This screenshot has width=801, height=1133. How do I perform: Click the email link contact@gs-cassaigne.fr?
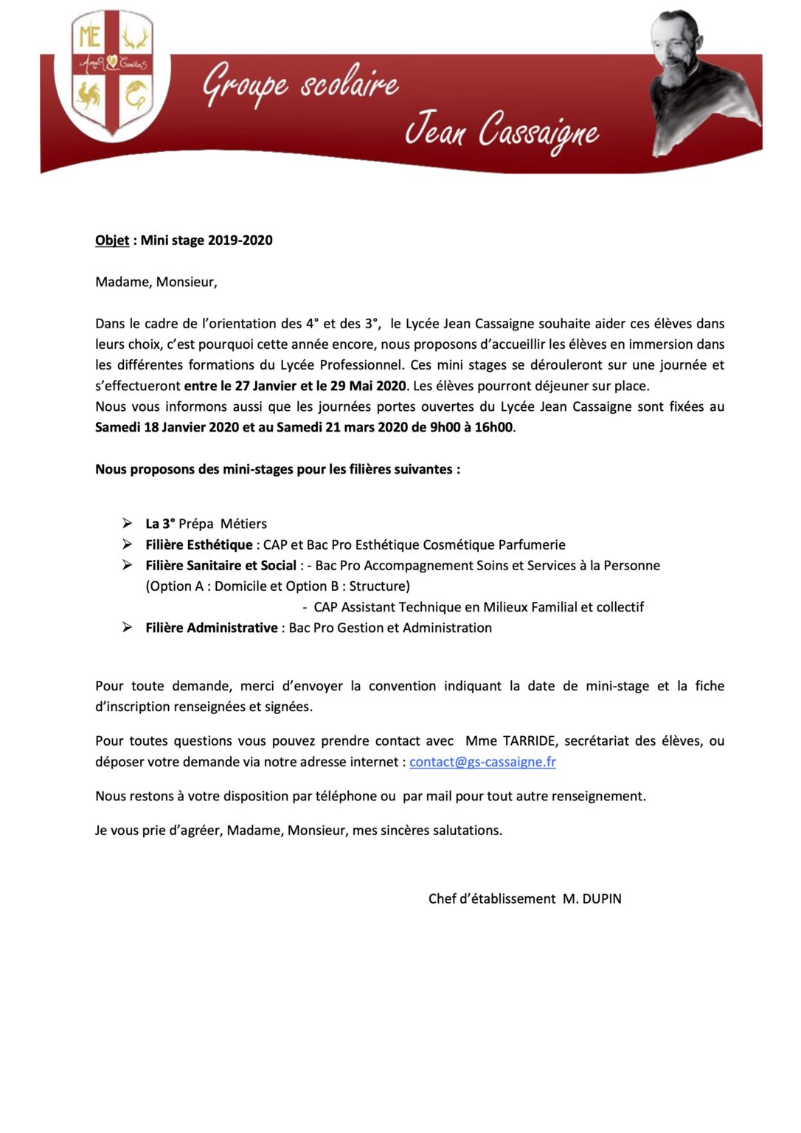(x=482, y=762)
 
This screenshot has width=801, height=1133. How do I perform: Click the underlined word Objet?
(x=112, y=240)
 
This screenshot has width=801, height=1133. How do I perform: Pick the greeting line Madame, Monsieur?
(x=156, y=283)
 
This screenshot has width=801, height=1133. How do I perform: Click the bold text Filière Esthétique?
(x=198, y=545)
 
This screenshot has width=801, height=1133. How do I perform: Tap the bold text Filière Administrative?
(x=211, y=628)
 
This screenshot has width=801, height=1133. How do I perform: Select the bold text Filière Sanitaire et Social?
(x=221, y=566)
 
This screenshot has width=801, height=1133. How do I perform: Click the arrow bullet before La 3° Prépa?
(x=128, y=524)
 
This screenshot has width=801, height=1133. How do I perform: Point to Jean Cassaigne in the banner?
(x=502, y=131)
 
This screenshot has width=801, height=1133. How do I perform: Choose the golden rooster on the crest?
(x=89, y=95)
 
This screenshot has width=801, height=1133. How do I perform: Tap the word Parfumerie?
(x=532, y=545)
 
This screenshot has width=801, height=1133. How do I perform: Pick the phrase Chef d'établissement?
(x=492, y=899)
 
